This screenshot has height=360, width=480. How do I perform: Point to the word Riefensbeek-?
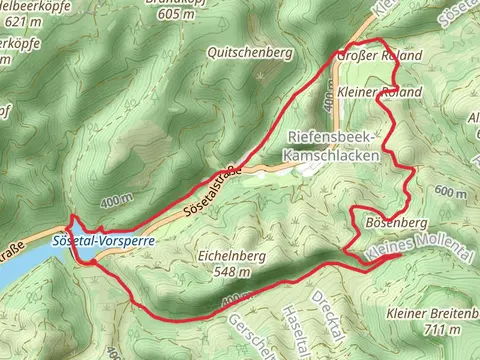tap(331, 136)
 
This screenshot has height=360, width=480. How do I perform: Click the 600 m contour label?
tap(451, 192)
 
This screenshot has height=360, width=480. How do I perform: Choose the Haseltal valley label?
tap(297, 326)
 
